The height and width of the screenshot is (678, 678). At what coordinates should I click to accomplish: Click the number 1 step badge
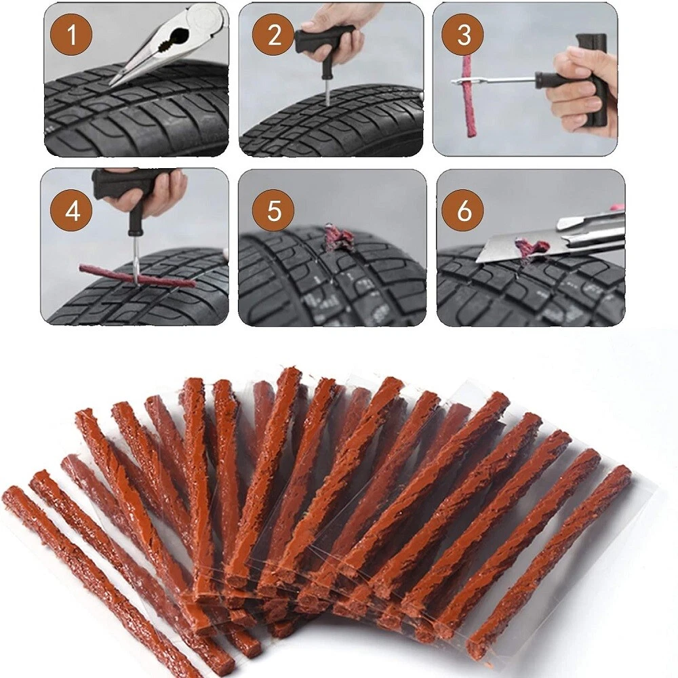click(71, 34)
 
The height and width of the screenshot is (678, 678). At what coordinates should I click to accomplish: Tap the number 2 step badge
click(273, 34)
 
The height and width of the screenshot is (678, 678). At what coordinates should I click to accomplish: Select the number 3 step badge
click(463, 34)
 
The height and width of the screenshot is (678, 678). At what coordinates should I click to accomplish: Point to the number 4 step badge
click(73, 211)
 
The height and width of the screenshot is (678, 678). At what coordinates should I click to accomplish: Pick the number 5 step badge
click(273, 210)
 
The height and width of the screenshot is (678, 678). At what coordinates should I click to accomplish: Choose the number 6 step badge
click(463, 211)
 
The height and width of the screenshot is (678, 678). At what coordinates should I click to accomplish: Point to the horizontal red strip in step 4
click(138, 276)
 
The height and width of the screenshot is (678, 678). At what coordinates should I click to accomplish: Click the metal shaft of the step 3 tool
click(493, 80)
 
